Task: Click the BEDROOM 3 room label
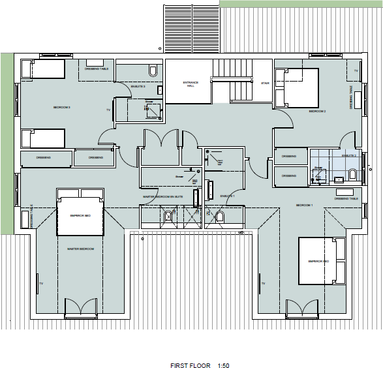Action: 61,108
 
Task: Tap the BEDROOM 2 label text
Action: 317,112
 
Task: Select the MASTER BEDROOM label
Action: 81,249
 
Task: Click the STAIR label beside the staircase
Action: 266,84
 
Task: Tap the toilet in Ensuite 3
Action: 153,70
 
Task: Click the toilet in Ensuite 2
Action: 353,174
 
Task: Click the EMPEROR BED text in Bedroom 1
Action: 318,262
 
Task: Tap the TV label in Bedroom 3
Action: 108,110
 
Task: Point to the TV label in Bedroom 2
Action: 356,70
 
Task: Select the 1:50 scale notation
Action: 223,365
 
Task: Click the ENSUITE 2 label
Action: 350,156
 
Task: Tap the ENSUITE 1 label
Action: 226,196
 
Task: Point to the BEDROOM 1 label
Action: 305,205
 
